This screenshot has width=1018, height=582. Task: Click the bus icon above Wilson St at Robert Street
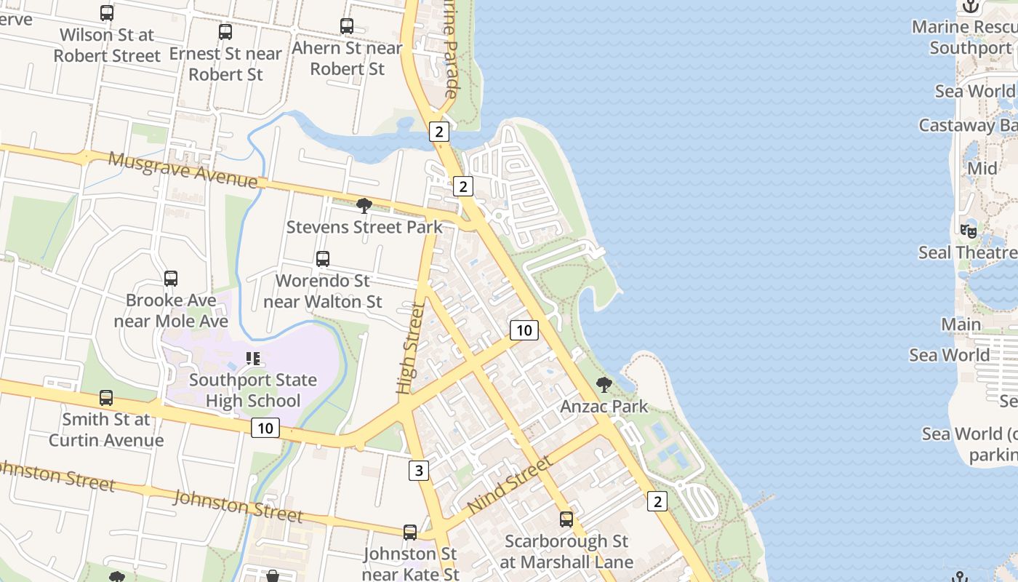[x=107, y=12]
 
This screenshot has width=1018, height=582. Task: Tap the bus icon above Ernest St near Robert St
[x=225, y=31]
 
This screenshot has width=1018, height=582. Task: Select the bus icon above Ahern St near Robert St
[x=347, y=26]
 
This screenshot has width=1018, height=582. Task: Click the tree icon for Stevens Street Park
[x=364, y=206]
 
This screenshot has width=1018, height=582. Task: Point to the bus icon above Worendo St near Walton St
[x=323, y=259]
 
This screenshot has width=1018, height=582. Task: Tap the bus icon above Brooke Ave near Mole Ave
[x=171, y=279]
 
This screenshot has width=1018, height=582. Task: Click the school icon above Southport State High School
[x=253, y=358]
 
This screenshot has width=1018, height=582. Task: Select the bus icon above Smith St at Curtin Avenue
[x=106, y=398]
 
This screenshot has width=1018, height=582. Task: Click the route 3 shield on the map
[x=418, y=471]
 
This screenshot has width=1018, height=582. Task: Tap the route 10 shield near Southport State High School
[x=265, y=428]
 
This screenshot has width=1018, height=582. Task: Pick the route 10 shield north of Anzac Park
[x=524, y=330]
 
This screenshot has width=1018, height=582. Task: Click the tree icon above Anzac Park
[x=604, y=384]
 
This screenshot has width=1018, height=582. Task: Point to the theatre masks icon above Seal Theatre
[x=969, y=231]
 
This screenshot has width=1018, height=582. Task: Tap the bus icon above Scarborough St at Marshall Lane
[x=566, y=519]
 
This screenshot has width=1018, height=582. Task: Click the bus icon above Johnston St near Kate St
[x=410, y=533]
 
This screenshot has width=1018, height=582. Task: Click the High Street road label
[x=410, y=349]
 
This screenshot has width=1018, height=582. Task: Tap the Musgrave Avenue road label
[x=183, y=170]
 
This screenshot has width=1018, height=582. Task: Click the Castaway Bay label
[x=967, y=125]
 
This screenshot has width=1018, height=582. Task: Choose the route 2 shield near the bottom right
[x=657, y=501]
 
